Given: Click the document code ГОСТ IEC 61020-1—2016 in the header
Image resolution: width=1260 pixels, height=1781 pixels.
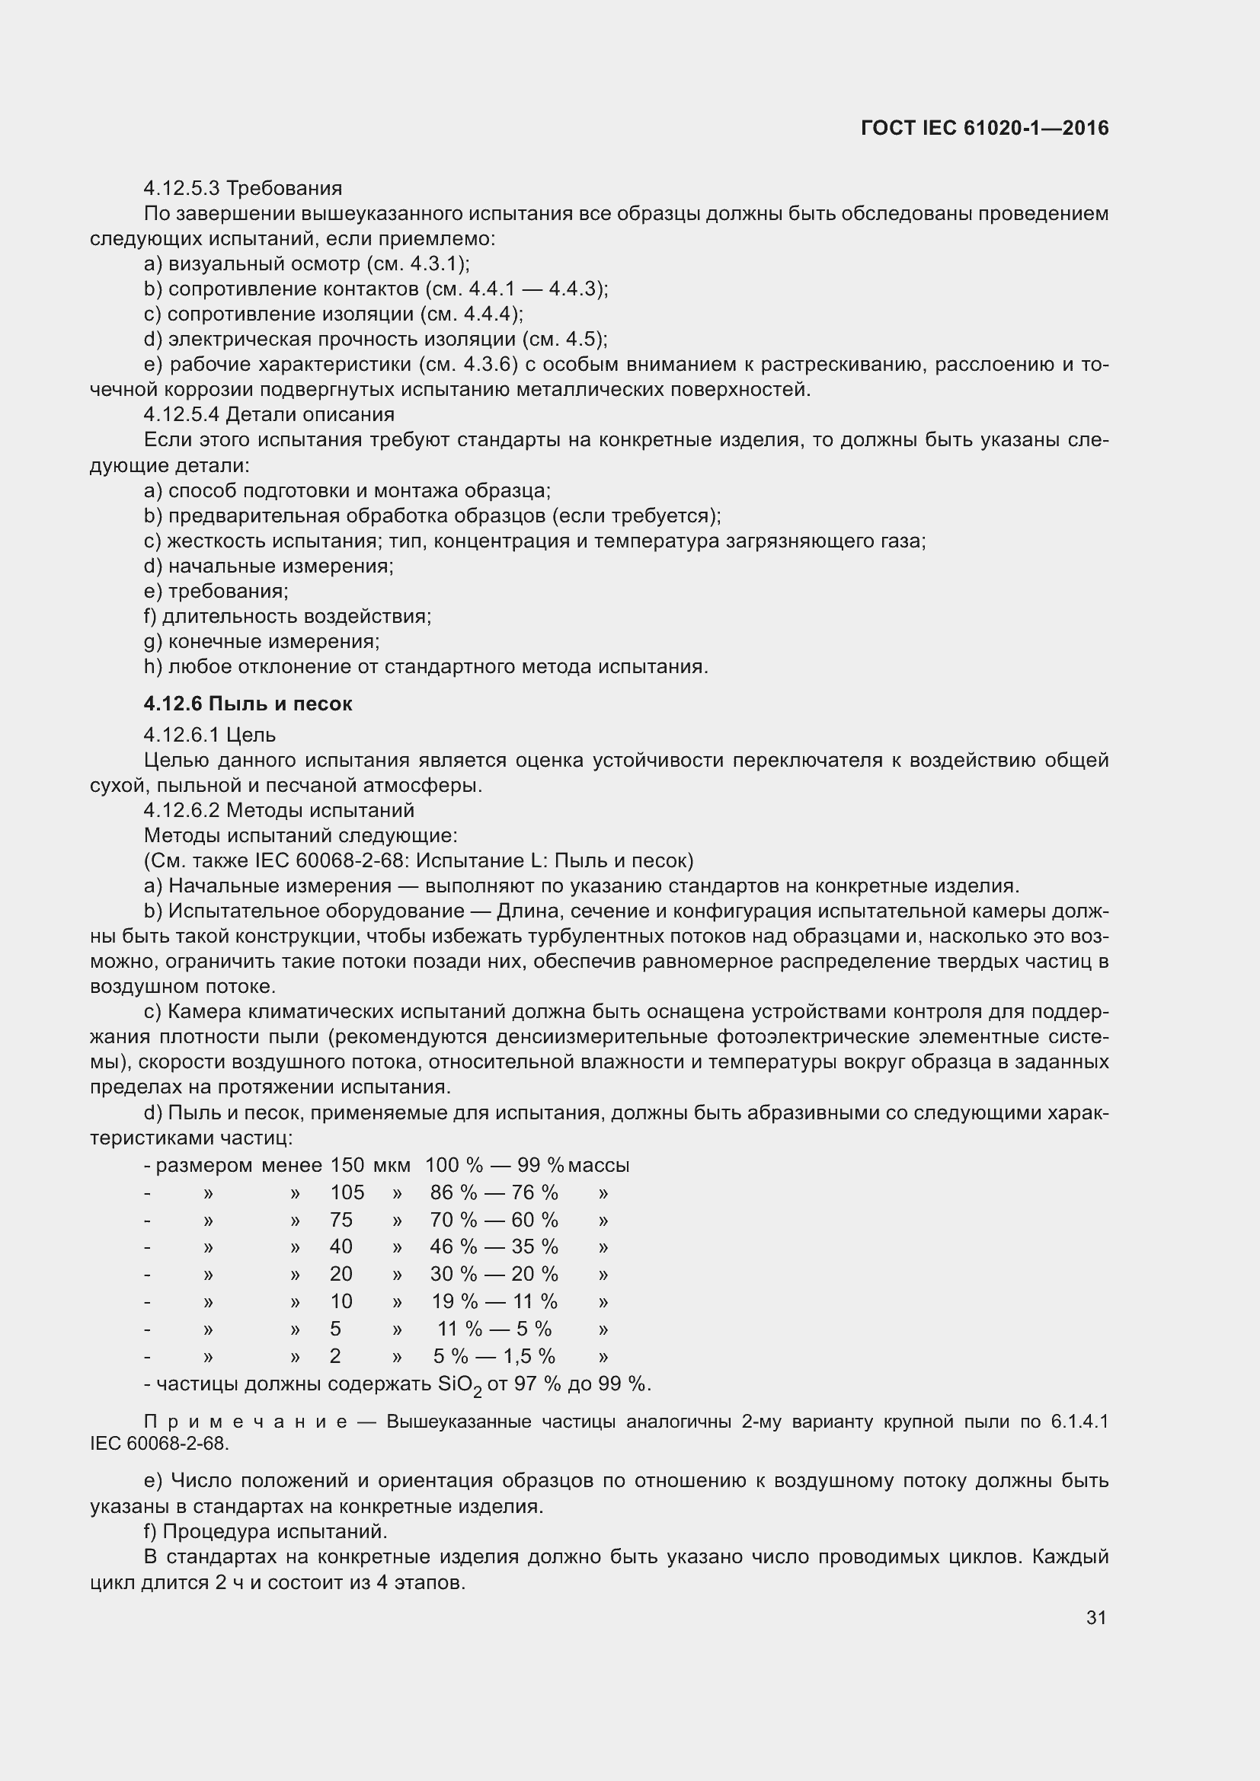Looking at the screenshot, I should click(983, 128).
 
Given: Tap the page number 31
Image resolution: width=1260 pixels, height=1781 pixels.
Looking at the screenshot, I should click(1095, 1617).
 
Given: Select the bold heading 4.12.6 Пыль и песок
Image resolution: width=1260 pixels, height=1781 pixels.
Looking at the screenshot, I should click(248, 704).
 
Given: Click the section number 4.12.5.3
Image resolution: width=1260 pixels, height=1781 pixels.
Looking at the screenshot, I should click(181, 189).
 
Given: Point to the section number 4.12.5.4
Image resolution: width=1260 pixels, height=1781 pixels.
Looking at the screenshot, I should click(181, 414).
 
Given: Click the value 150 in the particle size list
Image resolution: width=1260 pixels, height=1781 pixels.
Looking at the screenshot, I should click(347, 1165).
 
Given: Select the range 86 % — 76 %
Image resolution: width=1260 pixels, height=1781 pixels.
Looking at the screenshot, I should click(494, 1192).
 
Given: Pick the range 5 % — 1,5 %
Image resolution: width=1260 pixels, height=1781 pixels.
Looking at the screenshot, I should click(494, 1356).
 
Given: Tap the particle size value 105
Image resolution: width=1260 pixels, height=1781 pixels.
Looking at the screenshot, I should click(347, 1192).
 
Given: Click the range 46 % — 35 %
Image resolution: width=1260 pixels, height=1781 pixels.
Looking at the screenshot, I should click(494, 1246).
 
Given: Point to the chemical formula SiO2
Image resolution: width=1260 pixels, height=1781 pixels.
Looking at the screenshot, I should click(459, 1384).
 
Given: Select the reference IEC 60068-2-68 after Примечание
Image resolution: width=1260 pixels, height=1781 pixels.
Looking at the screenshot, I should click(159, 1444).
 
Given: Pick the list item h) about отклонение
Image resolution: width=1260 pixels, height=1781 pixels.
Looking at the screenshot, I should click(426, 666).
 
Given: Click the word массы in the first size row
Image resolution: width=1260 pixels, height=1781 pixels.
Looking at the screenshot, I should click(598, 1165).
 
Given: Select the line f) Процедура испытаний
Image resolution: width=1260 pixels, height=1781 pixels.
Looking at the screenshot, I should click(265, 1531).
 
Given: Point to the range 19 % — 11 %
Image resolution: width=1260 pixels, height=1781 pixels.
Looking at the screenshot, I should click(494, 1301).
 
